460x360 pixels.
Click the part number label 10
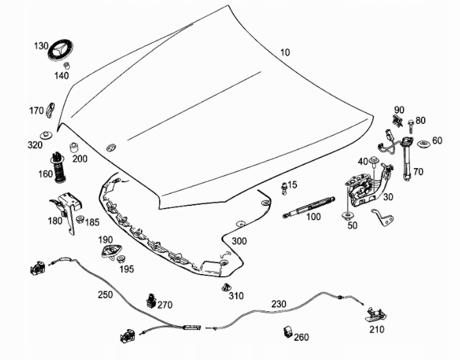pyautogui.click(x=285, y=52)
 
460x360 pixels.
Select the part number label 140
pyautogui.click(x=62, y=76)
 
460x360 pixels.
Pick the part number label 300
pyautogui.click(x=239, y=241)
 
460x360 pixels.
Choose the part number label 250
pyautogui.click(x=105, y=295)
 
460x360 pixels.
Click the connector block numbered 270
pyautogui.click(x=151, y=300)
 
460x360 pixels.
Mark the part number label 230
pyautogui.click(x=279, y=304)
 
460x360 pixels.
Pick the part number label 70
pyautogui.click(x=418, y=172)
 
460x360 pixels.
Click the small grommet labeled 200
pyautogui.click(x=74, y=147)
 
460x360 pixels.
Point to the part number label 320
pyautogui.click(x=35, y=145)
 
